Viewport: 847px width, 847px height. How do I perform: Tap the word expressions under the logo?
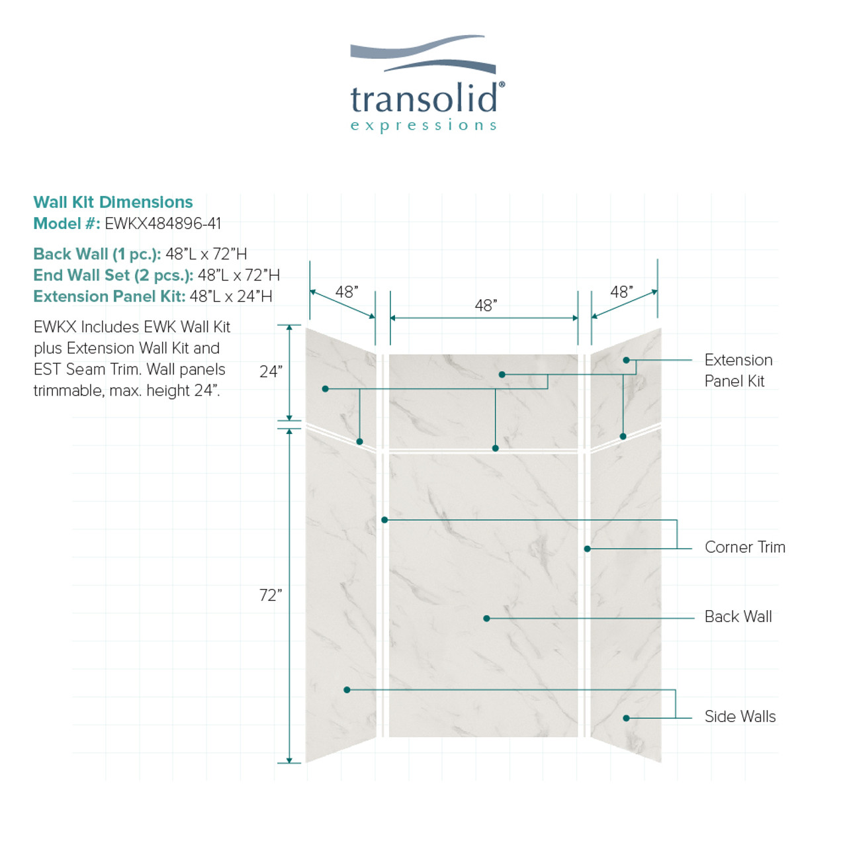(x=423, y=126)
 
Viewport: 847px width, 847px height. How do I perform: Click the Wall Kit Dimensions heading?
(x=113, y=202)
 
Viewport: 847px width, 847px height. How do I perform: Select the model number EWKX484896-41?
(x=163, y=224)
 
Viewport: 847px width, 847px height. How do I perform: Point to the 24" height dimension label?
(x=271, y=372)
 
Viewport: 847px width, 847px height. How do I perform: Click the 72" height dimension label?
(x=271, y=595)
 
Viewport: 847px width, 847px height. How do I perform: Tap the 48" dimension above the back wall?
(x=486, y=306)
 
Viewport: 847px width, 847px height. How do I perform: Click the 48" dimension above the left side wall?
(x=347, y=292)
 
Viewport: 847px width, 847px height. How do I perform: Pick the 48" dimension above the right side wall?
(x=621, y=292)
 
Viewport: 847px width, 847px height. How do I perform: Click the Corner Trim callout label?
(x=745, y=547)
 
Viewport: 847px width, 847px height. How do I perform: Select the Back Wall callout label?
(x=738, y=617)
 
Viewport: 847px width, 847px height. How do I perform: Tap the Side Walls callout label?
(x=740, y=717)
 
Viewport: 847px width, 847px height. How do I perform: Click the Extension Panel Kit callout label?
(x=738, y=371)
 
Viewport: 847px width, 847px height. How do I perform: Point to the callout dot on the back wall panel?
(x=486, y=619)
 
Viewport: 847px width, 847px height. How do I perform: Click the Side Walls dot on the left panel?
(x=347, y=690)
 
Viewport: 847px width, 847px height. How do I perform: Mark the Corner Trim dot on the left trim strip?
(x=384, y=520)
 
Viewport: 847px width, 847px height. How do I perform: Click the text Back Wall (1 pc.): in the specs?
(x=97, y=254)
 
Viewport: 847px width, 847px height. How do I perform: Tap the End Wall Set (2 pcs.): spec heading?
(x=113, y=275)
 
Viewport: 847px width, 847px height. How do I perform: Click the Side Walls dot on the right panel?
(x=627, y=718)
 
